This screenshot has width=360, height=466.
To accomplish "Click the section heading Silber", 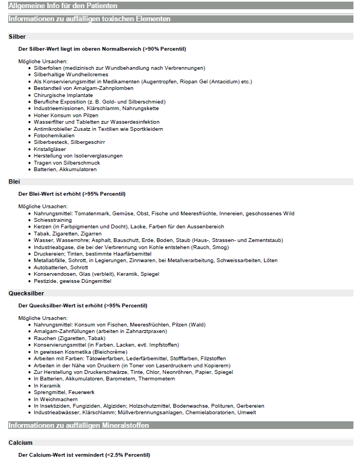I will pyautogui.click(x=17, y=37).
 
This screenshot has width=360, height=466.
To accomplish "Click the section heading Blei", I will pyautogui.click(x=15, y=181).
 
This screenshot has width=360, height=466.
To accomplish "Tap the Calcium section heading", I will pyautogui.click(x=21, y=443).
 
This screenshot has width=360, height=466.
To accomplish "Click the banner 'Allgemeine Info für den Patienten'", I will pyautogui.click(x=63, y=5).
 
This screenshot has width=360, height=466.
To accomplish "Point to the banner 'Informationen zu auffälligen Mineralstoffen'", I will pyautogui.click(x=79, y=425).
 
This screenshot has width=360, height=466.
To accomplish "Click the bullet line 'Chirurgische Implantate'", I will pyautogui.click(x=63, y=95).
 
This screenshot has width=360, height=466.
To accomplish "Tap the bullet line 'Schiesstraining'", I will pyautogui.click(x=52, y=220).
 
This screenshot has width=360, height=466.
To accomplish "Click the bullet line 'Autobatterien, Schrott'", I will pyautogui.click(x=60, y=268).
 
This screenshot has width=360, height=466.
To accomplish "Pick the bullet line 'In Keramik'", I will pyautogui.click(x=47, y=385).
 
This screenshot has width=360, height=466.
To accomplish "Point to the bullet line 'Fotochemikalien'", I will pyautogui.click(x=54, y=135).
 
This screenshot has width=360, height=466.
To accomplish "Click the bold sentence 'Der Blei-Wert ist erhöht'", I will pyautogui.click(x=72, y=193).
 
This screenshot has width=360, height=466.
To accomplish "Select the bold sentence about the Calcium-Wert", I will pyautogui.click(x=84, y=455).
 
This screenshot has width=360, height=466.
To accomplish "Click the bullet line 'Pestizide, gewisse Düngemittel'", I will pyautogui.click(x=73, y=281).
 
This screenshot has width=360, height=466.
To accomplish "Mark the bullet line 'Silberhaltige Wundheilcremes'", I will pyautogui.click(x=71, y=74).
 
